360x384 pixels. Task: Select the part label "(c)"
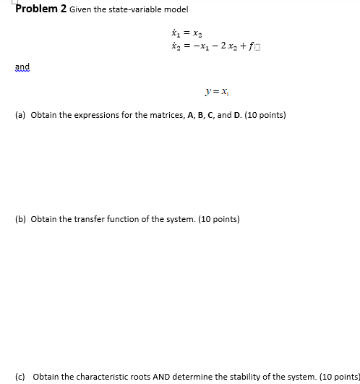point(20,377)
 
